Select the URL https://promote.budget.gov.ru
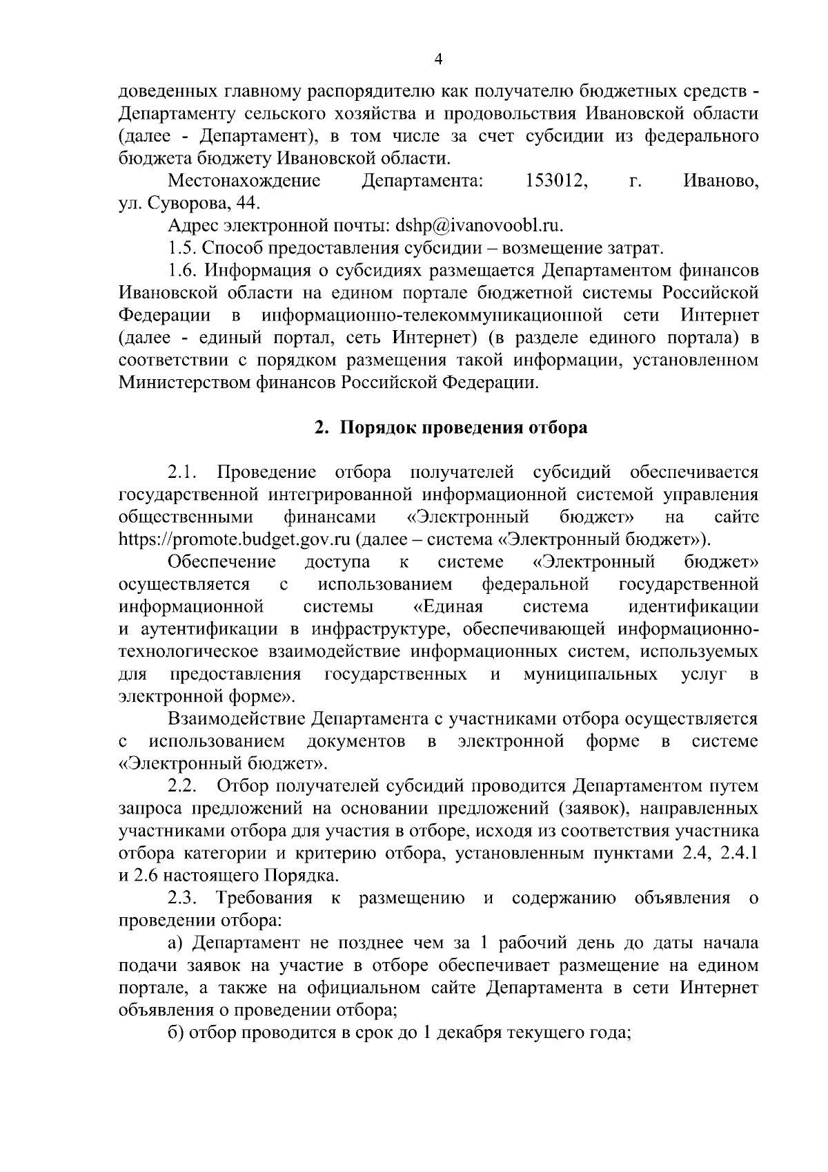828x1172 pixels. tap(235, 539)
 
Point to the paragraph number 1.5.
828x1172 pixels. tap(183, 248)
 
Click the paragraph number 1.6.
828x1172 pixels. tap(183, 270)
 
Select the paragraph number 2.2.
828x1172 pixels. tap(183, 786)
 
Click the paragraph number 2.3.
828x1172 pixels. tap(183, 898)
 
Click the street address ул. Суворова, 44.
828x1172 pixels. tap(190, 204)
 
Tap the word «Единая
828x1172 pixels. tap(447, 606)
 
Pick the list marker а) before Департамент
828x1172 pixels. tap(175, 943)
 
